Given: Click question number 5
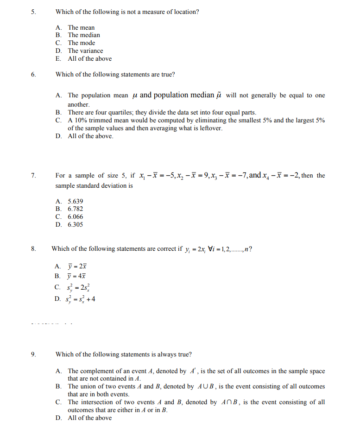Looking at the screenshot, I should pos(33,12).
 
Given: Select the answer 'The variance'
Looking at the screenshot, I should pos(85,51).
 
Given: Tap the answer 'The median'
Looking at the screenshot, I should pos(84,35).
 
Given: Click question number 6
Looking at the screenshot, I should pos(33,74).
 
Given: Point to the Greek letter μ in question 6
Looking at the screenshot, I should pos(134,95).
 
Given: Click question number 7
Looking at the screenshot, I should pos(33,176).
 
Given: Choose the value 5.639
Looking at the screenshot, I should pos(76,201).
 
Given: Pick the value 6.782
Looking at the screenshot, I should pos(76,209).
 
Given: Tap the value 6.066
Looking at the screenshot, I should pos(76,217).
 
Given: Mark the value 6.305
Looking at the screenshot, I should pos(76,225).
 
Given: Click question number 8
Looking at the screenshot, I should pos(33,249).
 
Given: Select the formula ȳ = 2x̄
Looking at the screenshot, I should pos(77,267).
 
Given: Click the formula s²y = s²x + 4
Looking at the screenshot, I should pos(82,299).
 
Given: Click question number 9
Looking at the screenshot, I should pos(33,355).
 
